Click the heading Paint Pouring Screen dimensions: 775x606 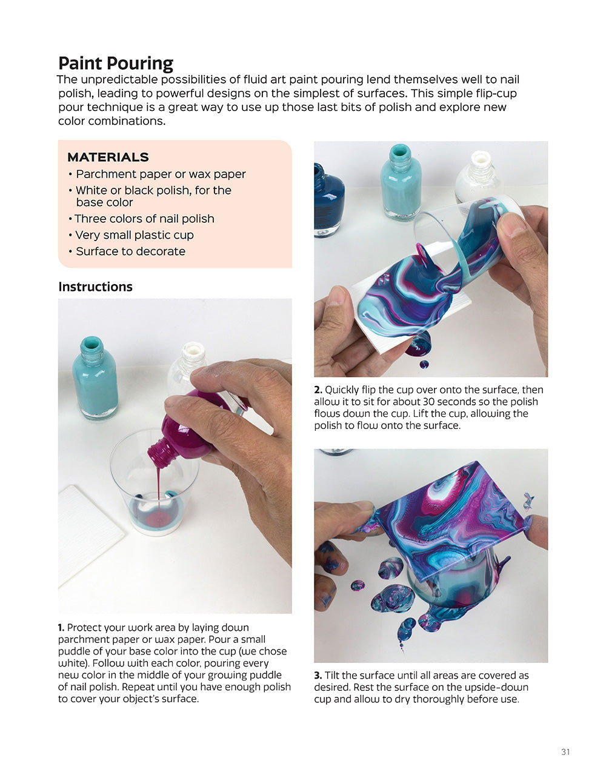(x=116, y=64)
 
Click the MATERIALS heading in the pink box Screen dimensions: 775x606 (x=108, y=157)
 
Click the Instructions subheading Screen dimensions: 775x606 (x=95, y=287)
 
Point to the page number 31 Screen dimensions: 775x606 (x=565, y=752)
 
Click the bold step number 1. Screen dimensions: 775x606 (x=61, y=628)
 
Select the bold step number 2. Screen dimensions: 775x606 (x=318, y=390)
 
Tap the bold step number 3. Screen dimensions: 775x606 (x=318, y=676)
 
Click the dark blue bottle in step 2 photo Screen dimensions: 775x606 (x=328, y=200)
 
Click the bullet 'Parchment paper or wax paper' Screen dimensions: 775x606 (x=161, y=175)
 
